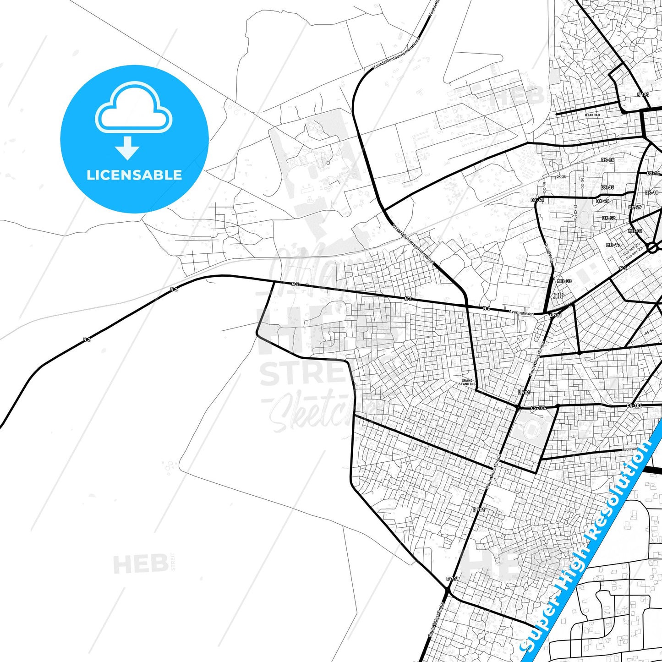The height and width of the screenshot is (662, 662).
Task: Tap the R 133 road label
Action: [x=643, y=95]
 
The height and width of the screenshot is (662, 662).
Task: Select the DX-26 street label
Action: [x=607, y=160]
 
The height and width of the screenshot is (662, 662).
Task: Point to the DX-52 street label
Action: [x=609, y=219]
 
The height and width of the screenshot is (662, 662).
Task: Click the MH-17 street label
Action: [x=613, y=245]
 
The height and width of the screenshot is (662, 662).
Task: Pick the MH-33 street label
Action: [x=564, y=281]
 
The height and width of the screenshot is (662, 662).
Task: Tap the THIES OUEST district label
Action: [x=558, y=296]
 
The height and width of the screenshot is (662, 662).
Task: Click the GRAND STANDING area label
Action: [x=468, y=382]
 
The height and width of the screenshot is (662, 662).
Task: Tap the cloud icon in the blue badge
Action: [x=134, y=109]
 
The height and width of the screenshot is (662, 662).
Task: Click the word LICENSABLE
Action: [x=134, y=175]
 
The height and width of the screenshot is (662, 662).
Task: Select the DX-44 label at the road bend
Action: [x=537, y=200]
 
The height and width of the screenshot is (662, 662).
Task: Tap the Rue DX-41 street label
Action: [x=576, y=213]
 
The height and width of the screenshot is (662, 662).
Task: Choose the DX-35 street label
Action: [x=607, y=187]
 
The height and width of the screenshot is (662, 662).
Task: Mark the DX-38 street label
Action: [x=561, y=176]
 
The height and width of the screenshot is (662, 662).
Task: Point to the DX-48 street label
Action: [x=603, y=201]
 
